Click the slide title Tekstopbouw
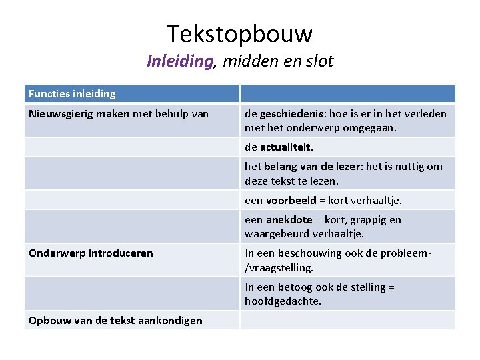click(x=239, y=33)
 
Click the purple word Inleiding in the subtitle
click(x=180, y=61)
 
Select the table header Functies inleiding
click(x=72, y=94)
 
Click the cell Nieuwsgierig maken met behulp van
click(x=119, y=114)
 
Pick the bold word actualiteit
click(x=287, y=147)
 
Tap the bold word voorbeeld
click(x=291, y=200)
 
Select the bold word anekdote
click(x=289, y=220)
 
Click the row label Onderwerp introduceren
click(x=91, y=253)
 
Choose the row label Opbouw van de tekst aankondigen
click(x=115, y=321)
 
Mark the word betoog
click(x=293, y=287)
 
